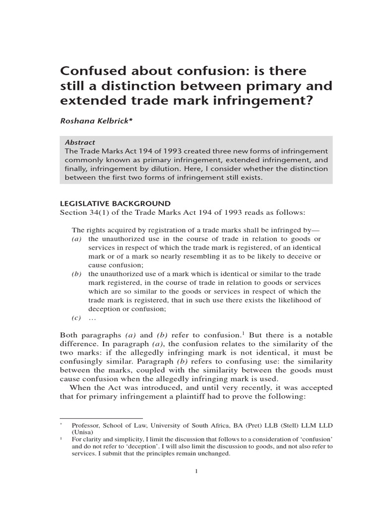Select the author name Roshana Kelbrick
tap(93, 120)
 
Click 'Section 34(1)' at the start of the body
tap(84, 212)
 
